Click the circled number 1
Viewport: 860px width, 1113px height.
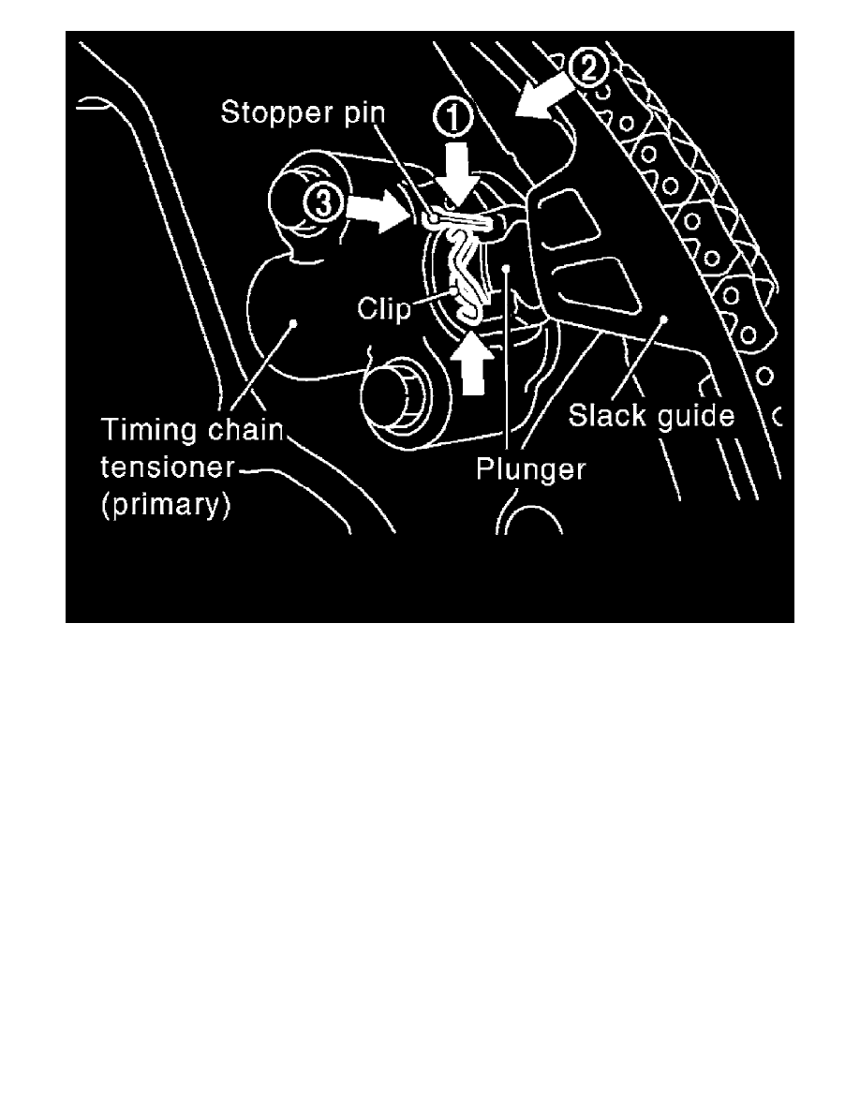pos(452,119)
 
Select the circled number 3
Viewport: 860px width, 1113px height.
pos(323,204)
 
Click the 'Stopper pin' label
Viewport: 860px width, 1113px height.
pos(303,112)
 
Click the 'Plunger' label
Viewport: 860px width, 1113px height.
pos(531,469)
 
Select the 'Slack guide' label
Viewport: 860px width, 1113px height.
pos(651,415)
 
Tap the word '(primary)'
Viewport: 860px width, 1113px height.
pos(166,505)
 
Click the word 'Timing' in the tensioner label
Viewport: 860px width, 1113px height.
pos(148,431)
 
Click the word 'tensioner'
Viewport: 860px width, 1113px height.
pos(168,467)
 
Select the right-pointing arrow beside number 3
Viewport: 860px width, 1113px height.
pos(376,209)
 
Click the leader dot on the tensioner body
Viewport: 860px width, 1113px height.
pos(293,323)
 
